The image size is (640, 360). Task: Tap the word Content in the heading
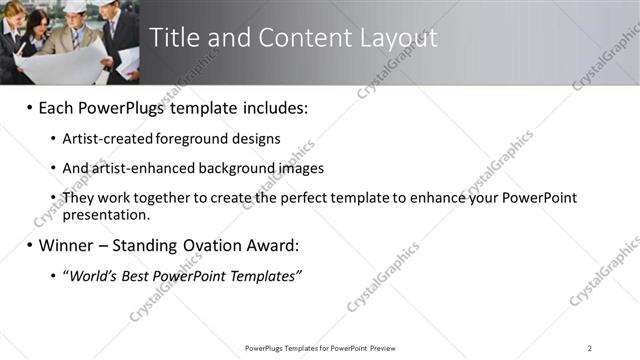[x=292, y=38]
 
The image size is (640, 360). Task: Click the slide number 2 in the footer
[x=590, y=348]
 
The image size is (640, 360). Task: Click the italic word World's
[x=92, y=275]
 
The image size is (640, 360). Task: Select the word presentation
[x=106, y=214]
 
